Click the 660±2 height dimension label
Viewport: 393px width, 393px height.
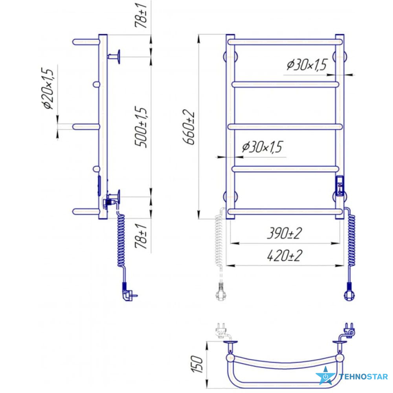189,127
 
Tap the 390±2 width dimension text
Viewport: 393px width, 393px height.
284,233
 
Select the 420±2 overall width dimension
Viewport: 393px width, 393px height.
285,256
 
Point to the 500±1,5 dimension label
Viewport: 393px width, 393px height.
141,127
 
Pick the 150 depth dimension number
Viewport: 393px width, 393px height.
196,364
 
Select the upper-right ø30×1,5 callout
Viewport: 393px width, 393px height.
307,65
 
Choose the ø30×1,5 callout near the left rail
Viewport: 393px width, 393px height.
262,147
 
